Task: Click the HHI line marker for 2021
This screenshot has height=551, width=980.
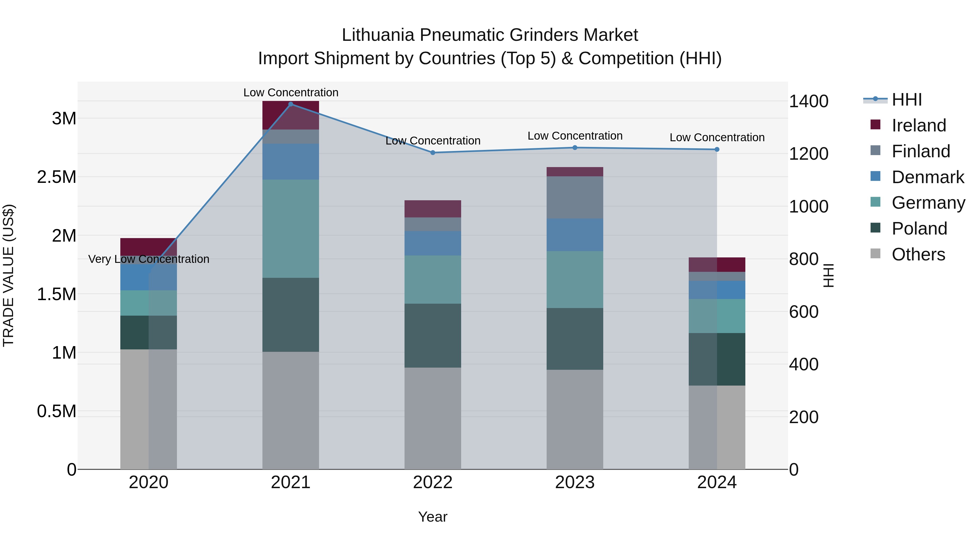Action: pyautogui.click(x=291, y=104)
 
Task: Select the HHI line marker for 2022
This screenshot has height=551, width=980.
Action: pyautogui.click(x=433, y=152)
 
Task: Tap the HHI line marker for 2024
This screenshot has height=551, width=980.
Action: pyautogui.click(x=717, y=149)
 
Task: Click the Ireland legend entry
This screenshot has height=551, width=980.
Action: pyautogui.click(x=918, y=125)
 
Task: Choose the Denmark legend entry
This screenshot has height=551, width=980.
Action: pyautogui.click(x=927, y=177)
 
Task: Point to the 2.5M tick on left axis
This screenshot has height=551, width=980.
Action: pyautogui.click(x=56, y=177)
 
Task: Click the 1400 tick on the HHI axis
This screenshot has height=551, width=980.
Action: pyautogui.click(x=808, y=101)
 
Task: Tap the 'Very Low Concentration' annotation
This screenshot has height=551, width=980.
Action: pyautogui.click(x=149, y=259)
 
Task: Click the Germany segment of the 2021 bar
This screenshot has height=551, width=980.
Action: pyautogui.click(x=291, y=228)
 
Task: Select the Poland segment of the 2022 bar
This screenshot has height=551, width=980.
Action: pyautogui.click(x=433, y=335)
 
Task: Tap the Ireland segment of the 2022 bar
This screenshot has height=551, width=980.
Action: pyautogui.click(x=433, y=209)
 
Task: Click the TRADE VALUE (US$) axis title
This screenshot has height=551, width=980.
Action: pyautogui.click(x=8, y=275)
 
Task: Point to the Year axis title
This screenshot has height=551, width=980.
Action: pyautogui.click(x=433, y=517)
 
